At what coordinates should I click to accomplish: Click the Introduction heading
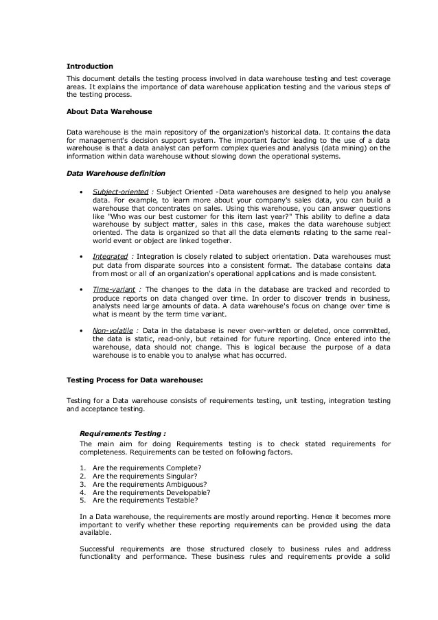(x=89, y=67)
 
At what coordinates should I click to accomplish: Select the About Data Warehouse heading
(x=109, y=111)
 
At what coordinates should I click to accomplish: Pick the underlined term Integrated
(x=109, y=256)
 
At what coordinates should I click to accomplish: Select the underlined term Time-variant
(x=113, y=289)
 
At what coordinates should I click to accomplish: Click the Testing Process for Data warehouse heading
(x=135, y=379)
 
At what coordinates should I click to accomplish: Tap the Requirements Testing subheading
(x=123, y=433)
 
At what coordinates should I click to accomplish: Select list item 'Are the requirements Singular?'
(x=144, y=476)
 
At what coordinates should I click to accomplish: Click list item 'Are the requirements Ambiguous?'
(x=149, y=484)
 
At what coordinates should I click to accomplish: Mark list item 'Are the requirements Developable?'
(x=151, y=492)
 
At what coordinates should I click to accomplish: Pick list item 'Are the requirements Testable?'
(x=144, y=501)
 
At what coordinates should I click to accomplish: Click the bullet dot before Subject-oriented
(x=82, y=192)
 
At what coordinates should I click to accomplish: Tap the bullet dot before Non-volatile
(x=82, y=331)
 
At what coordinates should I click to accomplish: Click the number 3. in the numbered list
(x=82, y=484)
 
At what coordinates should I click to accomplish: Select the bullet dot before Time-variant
(x=82, y=290)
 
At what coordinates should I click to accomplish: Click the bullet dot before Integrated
(x=82, y=257)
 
